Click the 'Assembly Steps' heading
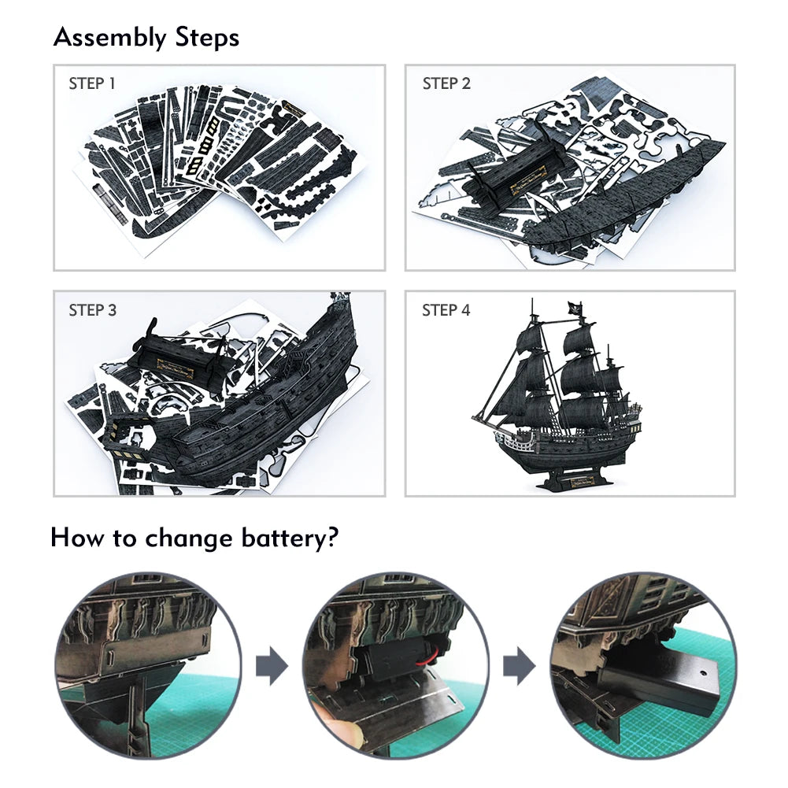coord(146,37)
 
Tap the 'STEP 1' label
coord(92,83)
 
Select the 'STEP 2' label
coord(446,83)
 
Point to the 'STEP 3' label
coord(92,310)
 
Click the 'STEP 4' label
coord(446,310)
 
